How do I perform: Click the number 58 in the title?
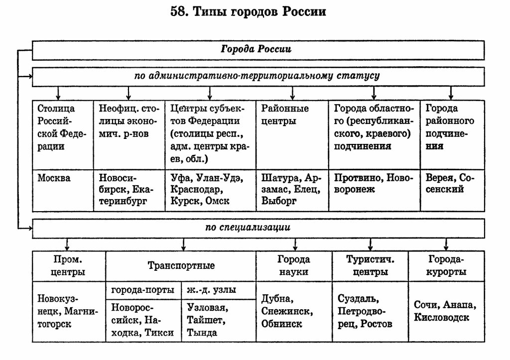click(177, 12)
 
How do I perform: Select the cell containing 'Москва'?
click(63, 190)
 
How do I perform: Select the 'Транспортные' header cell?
click(181, 266)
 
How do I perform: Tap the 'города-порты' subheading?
click(142, 290)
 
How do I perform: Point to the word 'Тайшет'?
click(204, 320)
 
